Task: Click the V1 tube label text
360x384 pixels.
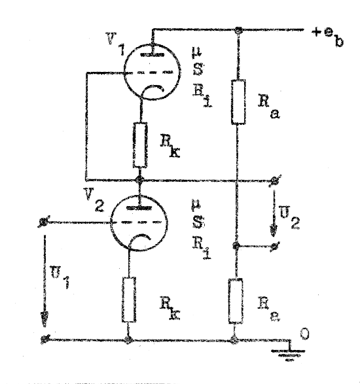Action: coord(115,44)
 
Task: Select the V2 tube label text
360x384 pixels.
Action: coord(95,200)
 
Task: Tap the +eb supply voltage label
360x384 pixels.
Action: coord(328,37)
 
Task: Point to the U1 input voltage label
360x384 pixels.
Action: coord(60,276)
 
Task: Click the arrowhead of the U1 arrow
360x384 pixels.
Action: coord(45,319)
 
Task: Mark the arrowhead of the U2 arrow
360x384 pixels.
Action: coord(274,230)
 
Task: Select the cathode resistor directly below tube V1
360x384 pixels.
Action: coord(141,145)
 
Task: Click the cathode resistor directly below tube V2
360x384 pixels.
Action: coord(129,300)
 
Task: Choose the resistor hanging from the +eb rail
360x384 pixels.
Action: coord(238,101)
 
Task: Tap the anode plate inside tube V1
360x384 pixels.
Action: coord(153,54)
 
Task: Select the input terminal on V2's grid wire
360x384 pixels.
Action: coord(44,222)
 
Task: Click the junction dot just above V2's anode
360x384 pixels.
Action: coord(139,181)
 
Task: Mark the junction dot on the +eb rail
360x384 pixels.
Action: coord(238,30)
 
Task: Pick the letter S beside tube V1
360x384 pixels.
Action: coord(198,69)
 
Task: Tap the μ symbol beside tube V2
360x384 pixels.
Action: coord(196,205)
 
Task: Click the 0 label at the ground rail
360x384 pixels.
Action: coord(304,334)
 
